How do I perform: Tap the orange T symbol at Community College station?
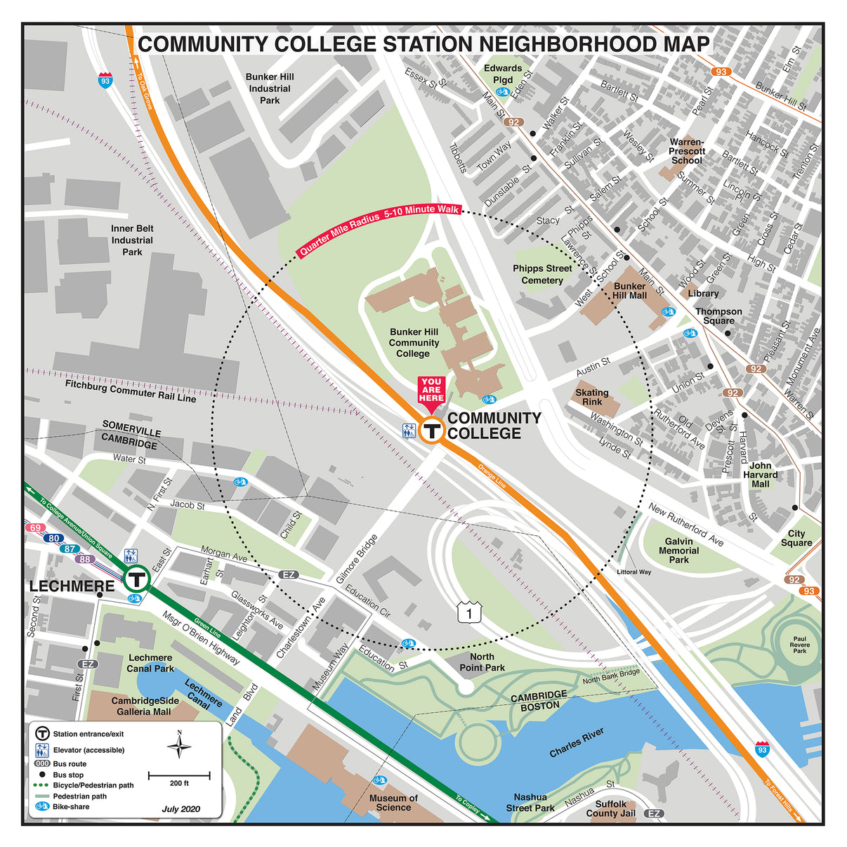[432, 429]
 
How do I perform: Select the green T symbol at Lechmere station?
[137, 579]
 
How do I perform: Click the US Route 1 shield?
[469, 612]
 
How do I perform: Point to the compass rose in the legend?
[180, 745]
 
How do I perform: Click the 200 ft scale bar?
[178, 775]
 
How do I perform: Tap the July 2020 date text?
[180, 808]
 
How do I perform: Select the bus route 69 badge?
[34, 527]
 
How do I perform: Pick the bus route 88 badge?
[85, 559]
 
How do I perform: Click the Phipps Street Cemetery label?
[542, 274]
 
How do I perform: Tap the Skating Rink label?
[592, 397]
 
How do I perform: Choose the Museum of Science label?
[393, 803]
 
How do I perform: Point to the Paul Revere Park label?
[799, 645]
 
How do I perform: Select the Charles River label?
[577, 742]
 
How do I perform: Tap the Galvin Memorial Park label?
[678, 550]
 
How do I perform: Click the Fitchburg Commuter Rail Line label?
[131, 391]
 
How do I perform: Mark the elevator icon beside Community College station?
[409, 431]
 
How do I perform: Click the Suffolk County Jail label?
[610, 808]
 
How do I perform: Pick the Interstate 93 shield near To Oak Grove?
[105, 79]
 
